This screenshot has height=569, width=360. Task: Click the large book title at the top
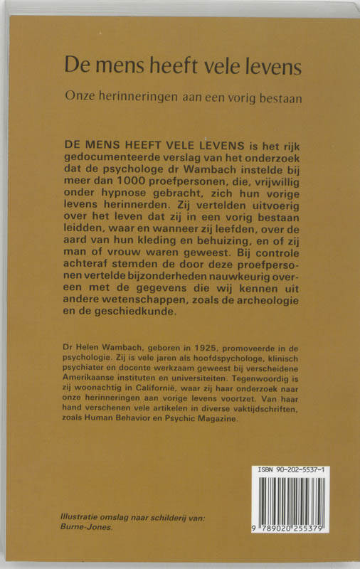tap(184, 66)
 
